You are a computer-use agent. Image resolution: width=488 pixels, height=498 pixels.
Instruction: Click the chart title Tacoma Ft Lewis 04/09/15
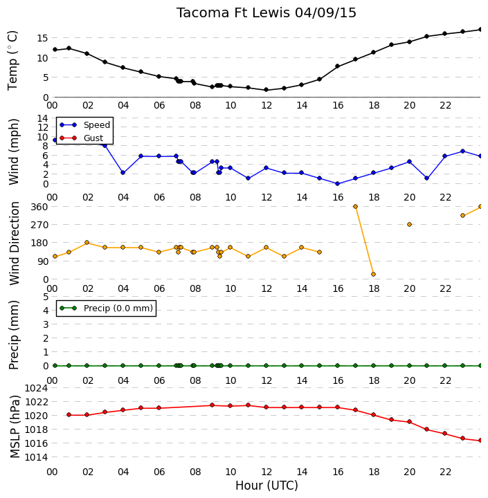266,13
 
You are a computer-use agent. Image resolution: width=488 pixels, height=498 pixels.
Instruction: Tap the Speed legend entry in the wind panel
85,124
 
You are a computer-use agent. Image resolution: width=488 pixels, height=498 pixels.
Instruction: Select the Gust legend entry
82,138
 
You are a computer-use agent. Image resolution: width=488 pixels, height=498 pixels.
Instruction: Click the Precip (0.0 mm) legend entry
106,308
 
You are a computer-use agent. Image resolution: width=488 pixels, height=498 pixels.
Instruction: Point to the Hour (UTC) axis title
266,486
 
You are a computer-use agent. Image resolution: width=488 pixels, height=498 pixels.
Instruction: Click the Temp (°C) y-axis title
12,61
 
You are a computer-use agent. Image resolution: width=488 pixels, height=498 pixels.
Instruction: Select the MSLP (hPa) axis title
15,427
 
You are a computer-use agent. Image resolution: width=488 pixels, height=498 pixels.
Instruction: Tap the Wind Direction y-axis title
15,243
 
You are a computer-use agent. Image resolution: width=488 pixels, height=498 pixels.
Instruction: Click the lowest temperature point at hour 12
266,90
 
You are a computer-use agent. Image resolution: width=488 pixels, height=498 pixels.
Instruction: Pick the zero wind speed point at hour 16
338,183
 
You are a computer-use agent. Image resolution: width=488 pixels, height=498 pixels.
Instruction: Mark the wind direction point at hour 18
374,274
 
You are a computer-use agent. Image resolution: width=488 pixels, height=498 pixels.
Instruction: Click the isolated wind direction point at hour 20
410,225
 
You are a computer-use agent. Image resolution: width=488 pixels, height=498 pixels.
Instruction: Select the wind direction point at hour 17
355,206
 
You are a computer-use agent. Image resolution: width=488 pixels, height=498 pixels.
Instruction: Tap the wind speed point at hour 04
123,173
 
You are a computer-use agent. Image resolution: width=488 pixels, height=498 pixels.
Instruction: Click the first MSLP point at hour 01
69,415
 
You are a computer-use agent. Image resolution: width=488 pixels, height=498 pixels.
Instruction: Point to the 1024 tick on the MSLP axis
36,388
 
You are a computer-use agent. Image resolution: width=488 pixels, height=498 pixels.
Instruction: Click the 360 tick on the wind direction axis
39,207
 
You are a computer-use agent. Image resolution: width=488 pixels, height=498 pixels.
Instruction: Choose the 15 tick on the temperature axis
42,38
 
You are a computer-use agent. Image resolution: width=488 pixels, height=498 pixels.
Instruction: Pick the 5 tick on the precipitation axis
46,297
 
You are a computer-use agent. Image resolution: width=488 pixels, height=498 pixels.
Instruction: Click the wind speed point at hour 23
462,151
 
